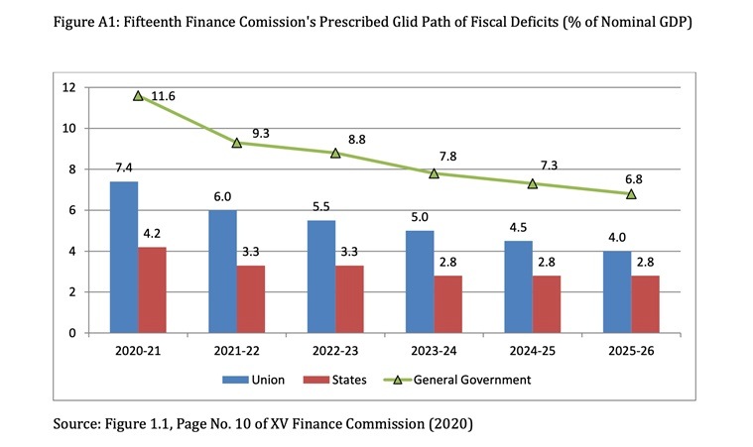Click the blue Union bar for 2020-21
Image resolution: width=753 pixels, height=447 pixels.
pos(124,257)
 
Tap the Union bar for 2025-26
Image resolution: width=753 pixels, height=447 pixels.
pos(618,291)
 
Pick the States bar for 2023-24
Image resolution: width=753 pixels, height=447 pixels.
pos(447,303)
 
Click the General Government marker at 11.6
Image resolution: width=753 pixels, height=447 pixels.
pos(138,96)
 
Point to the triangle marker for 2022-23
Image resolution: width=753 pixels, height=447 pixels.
pos(335,154)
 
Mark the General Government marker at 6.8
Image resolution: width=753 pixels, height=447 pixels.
pos(631,194)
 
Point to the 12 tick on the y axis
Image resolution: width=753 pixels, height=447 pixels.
pos(69,87)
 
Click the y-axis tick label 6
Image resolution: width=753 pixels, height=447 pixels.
pos(72,210)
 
